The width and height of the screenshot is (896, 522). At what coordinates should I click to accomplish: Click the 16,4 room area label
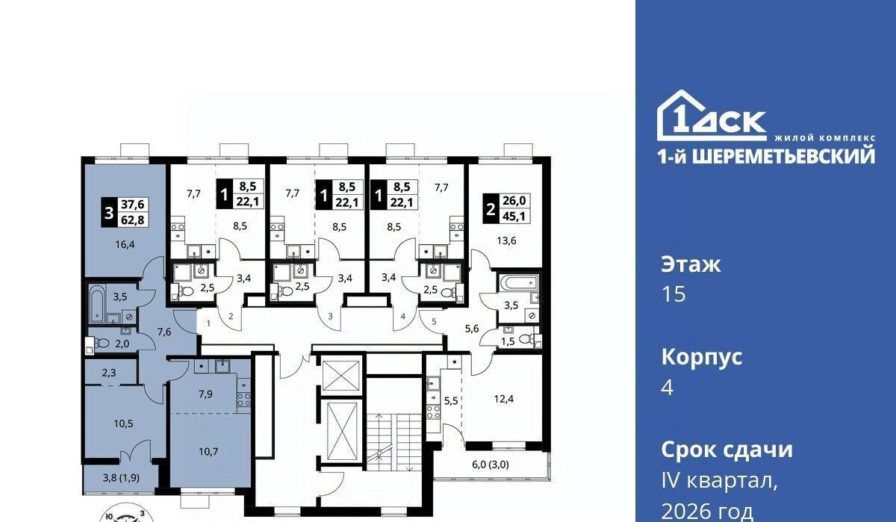coord(125,244)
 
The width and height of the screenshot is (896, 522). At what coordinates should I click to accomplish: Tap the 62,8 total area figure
coord(133,220)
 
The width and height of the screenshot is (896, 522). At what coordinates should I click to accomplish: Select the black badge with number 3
coord(109,212)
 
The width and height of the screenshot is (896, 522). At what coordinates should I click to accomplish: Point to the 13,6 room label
coord(506,240)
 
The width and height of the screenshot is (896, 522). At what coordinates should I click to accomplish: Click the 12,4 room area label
coord(503,399)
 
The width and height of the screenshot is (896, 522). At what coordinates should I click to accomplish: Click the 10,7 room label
coord(208,452)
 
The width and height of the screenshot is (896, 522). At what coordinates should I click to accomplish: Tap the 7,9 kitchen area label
coord(205,394)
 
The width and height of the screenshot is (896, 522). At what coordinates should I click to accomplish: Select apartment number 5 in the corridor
coord(434,321)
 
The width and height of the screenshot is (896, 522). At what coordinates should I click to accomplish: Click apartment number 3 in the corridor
coord(330,316)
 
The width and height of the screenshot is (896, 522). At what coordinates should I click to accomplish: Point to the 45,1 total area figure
coord(514,216)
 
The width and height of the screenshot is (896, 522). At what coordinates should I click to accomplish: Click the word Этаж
coord(691,265)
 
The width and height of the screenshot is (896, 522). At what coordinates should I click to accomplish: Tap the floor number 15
coord(673,294)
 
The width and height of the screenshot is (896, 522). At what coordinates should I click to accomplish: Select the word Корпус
coord(702,357)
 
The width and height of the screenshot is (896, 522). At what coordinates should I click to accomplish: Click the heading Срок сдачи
coord(727,450)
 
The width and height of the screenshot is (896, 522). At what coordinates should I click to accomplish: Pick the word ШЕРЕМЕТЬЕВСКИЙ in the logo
coord(783,156)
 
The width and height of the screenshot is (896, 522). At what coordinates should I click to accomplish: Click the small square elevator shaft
coord(340,375)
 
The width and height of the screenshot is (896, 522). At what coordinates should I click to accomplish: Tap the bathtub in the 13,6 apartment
coord(518,284)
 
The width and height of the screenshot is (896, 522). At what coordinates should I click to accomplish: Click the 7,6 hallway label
coord(164,332)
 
